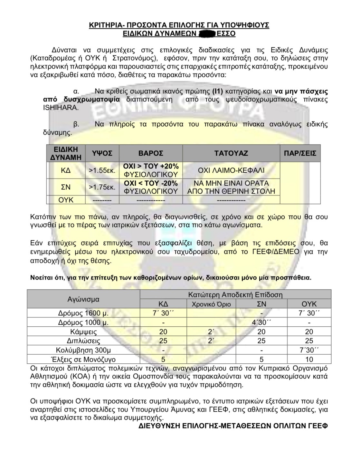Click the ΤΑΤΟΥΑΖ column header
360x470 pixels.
pos(231,153)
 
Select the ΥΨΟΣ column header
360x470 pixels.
pos(102,153)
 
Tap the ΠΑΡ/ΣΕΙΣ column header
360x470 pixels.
pos(300,153)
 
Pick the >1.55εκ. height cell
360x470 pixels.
pos(102,170)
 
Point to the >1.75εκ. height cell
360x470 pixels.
pos(102,187)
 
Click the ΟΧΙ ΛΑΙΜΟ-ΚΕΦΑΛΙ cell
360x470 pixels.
pos(231,170)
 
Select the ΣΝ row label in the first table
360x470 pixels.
pos(66,187)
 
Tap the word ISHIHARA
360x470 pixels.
pos(61,108)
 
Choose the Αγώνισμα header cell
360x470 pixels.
pos(83,299)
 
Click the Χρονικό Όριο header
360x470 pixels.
pos(211,304)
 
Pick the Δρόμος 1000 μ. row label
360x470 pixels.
pos(83,322)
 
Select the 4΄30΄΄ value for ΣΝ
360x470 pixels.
pos(261,322)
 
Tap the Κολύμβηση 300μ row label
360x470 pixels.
pos(83,350)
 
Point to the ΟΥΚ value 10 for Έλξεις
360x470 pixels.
pos(309,360)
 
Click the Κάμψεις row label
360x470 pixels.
pos(83,332)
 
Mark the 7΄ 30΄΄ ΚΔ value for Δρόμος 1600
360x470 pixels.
pos(163,313)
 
